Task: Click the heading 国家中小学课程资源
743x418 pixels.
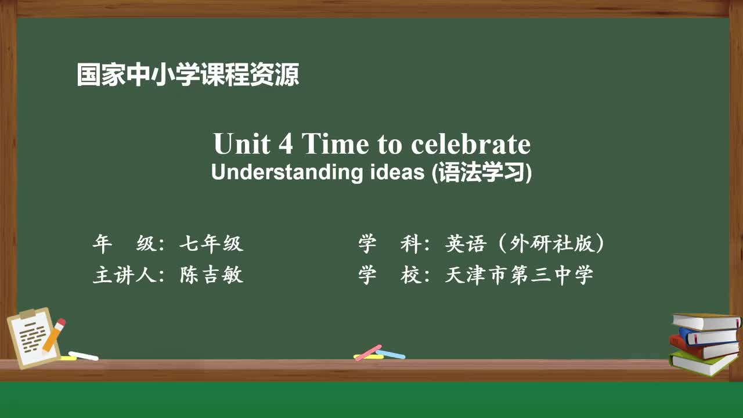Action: pos(188,75)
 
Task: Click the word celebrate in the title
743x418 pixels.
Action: pos(471,144)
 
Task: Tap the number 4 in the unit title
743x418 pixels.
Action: pos(286,144)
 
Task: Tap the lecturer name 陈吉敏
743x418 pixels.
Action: pos(211,275)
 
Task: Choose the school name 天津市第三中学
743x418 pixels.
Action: pos(519,275)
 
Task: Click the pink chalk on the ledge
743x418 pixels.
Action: pos(368,352)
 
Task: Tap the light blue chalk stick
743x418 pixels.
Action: pos(391,354)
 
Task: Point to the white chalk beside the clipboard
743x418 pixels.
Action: pos(84,355)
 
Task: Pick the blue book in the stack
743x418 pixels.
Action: pos(708,336)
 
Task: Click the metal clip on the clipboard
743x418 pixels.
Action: pos(27,314)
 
